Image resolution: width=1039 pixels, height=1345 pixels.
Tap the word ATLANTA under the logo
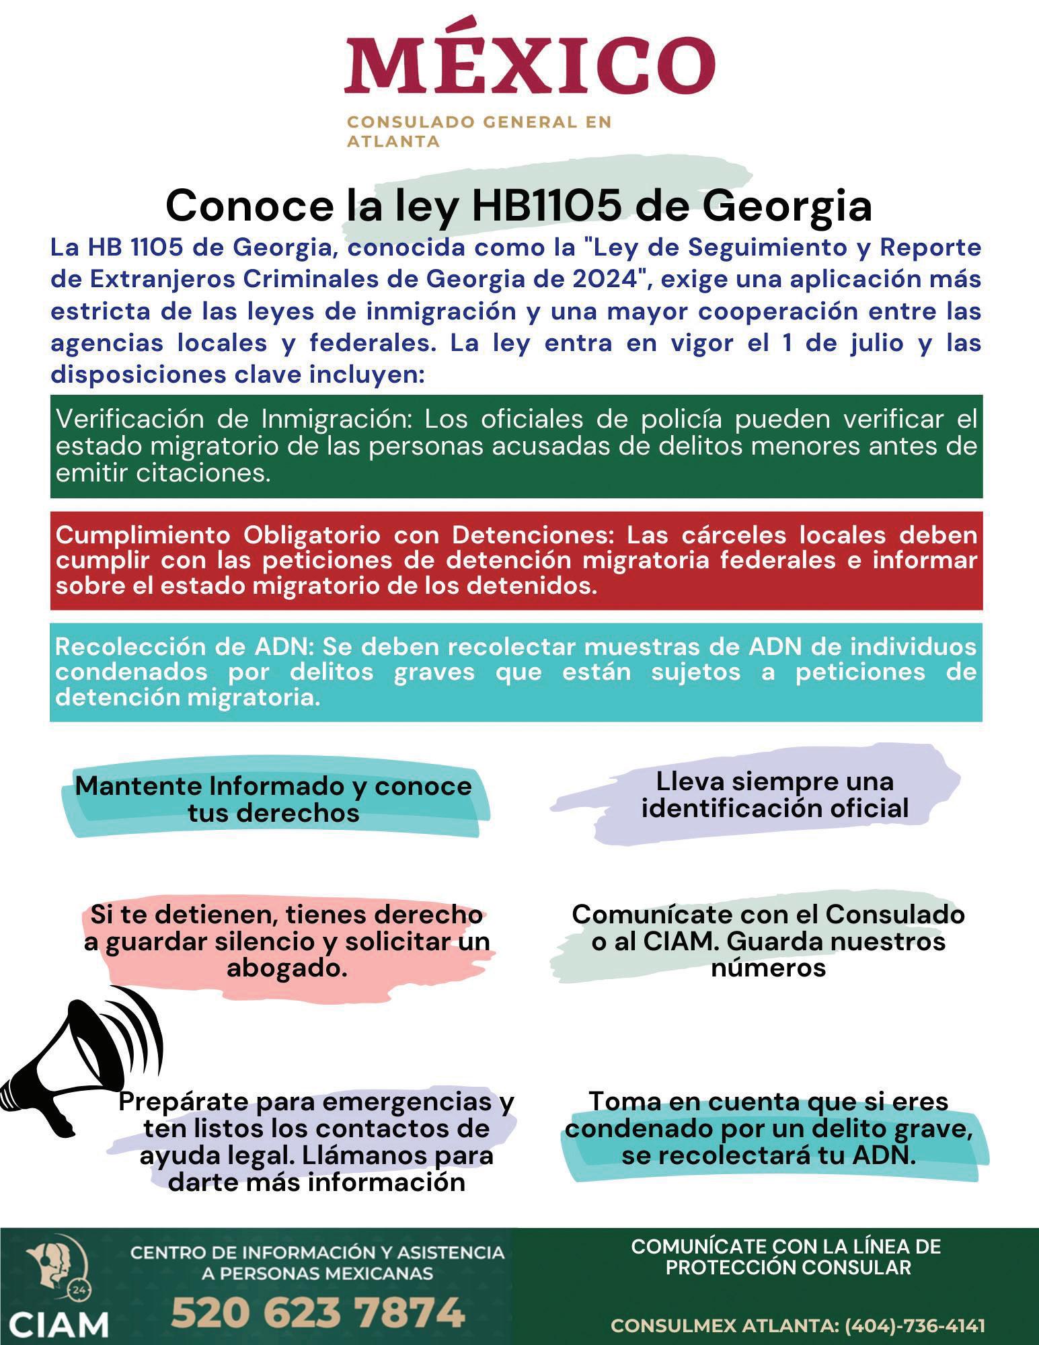pos(393,142)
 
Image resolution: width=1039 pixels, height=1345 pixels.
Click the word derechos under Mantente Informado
pos(274,813)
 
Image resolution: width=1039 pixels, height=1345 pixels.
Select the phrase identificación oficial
pos(775,808)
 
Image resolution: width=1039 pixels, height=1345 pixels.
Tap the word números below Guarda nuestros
pos(768,968)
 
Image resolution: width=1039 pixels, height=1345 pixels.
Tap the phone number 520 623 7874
pos(317,1311)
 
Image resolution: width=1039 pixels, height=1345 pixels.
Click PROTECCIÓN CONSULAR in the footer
pos(787,1268)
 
